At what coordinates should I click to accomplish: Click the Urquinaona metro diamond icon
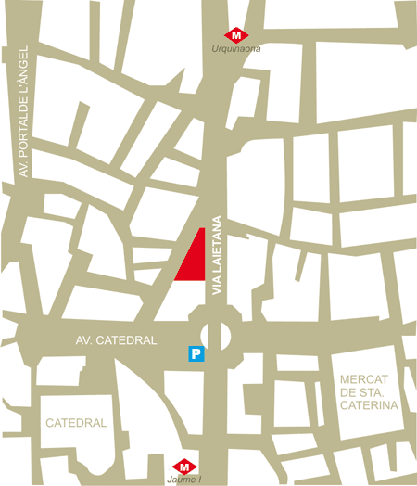coord(238,33)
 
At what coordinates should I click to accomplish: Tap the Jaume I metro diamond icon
coord(185,467)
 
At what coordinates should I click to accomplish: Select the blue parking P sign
coord(196,352)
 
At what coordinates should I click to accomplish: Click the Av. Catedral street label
coord(117,340)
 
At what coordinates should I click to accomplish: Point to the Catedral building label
coord(77,423)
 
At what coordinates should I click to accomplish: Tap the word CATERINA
coord(368,405)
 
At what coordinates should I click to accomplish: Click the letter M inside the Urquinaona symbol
coord(238,33)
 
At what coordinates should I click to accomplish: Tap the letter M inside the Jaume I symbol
coord(185,467)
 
